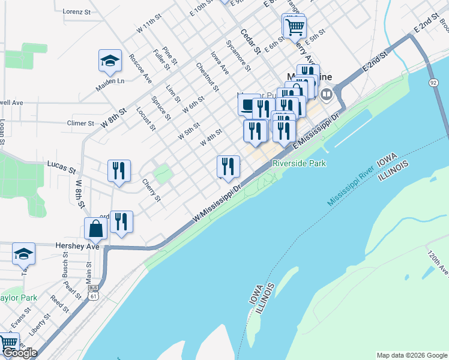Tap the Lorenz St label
coord(76,11)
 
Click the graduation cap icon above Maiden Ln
coord(110,60)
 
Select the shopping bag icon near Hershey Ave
coord(96,228)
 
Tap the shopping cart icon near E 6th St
coord(295,26)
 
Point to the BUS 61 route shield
coord(92,292)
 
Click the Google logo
coord(20,353)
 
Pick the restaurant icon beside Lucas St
coord(119,170)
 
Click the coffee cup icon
coord(249,104)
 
